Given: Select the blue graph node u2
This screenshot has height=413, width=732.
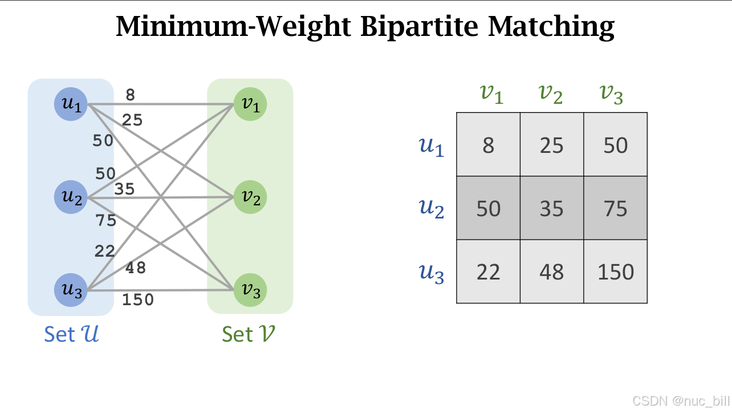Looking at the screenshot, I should (x=71, y=197).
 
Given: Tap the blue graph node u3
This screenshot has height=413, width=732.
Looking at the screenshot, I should (x=71, y=289).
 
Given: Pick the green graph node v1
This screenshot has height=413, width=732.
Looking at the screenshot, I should (x=250, y=105).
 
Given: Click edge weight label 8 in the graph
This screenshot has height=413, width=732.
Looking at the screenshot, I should (x=131, y=95).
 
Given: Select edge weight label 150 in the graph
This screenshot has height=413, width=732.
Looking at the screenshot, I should (x=138, y=299).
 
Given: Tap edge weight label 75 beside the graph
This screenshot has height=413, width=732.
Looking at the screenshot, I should (x=106, y=221).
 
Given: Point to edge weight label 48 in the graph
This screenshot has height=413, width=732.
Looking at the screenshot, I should (x=136, y=268).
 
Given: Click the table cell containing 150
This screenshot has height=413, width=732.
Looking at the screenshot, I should (x=616, y=272).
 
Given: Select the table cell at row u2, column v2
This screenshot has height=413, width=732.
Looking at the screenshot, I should (x=552, y=208).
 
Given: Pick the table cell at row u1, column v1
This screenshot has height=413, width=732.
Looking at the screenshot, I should (x=488, y=145).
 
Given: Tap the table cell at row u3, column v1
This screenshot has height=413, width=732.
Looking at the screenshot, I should (x=488, y=272).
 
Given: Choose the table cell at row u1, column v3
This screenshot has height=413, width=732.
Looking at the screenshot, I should (x=616, y=145).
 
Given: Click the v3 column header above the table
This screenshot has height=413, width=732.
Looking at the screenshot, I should (x=611, y=94).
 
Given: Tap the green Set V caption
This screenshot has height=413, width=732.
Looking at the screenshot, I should (x=249, y=334).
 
